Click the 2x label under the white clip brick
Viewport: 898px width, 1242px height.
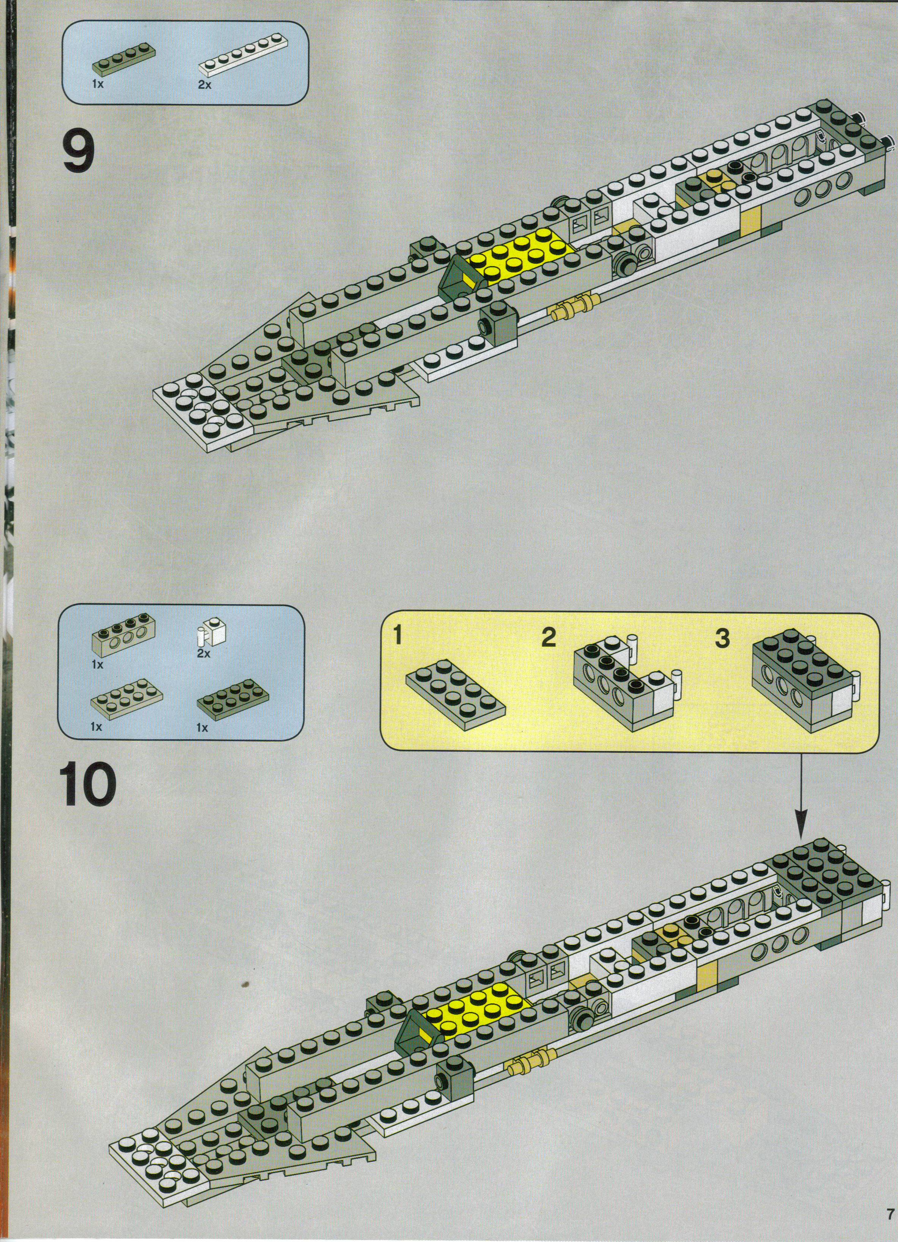pyautogui.click(x=204, y=653)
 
